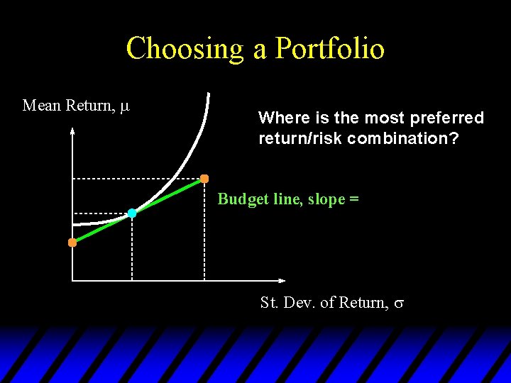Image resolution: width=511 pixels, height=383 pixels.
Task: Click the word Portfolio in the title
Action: coord(330,49)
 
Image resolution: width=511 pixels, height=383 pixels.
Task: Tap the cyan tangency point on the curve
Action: coord(132,213)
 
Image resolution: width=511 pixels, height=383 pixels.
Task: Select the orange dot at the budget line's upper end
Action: coord(204,178)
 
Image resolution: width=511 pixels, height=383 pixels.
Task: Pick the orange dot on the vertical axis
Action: coord(72,243)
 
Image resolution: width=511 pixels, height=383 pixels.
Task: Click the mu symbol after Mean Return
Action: coord(125,106)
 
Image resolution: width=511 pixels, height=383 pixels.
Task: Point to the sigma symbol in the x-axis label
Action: coord(399,304)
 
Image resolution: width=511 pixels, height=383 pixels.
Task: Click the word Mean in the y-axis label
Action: coord(42,106)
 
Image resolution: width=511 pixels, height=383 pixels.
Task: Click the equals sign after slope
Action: coord(353,199)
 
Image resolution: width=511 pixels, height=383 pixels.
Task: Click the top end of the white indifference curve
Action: coord(208,94)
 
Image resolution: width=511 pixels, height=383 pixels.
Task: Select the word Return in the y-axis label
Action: coord(89,106)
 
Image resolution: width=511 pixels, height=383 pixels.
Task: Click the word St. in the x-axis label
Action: coord(270,303)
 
